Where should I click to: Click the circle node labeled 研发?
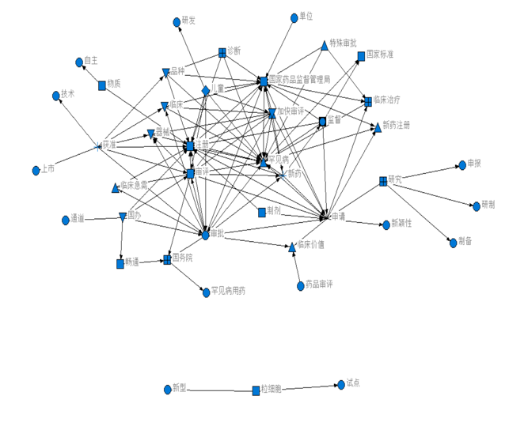(x=177, y=22)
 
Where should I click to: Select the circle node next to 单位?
(x=294, y=17)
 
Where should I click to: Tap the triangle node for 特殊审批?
(x=325, y=45)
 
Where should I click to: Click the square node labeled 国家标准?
(x=361, y=56)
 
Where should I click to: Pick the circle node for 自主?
(x=78, y=62)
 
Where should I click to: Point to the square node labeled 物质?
(x=102, y=85)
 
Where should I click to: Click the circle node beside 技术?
(x=56, y=96)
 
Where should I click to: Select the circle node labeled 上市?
(x=36, y=171)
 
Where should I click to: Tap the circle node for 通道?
(x=65, y=220)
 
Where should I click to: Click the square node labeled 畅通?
(x=120, y=264)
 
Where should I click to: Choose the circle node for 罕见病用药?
(x=206, y=292)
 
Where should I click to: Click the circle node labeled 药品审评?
(x=300, y=286)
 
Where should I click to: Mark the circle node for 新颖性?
(x=386, y=225)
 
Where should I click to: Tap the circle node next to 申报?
(x=462, y=166)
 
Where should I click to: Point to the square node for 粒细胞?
(x=256, y=390)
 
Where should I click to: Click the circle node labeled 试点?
(x=341, y=384)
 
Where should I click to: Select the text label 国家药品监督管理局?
(x=299, y=80)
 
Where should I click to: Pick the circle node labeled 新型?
(x=167, y=389)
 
